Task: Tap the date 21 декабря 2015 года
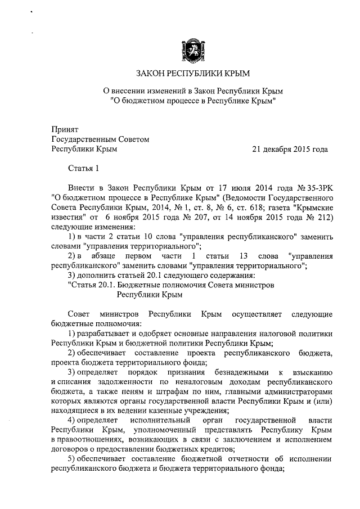tap(290, 149)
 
